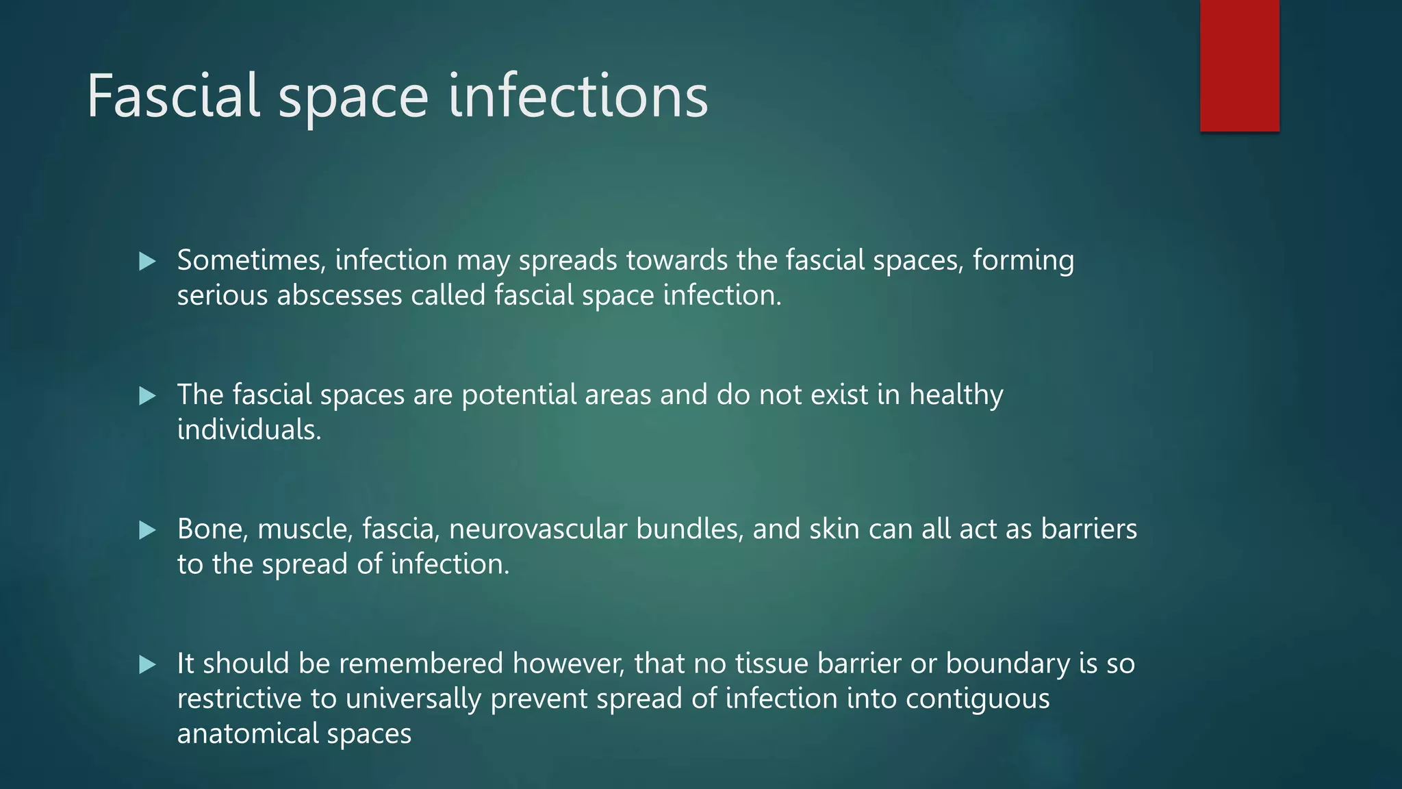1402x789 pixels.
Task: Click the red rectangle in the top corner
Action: [x=1239, y=65]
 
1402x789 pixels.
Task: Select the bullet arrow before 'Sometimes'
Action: [x=147, y=261]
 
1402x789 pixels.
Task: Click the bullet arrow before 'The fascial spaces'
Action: [x=147, y=395]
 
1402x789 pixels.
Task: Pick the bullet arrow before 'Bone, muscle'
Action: [x=147, y=529]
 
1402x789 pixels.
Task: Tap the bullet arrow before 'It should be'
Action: [x=147, y=664]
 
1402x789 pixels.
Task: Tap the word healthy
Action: [x=956, y=395]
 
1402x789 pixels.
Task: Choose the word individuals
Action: [x=249, y=430]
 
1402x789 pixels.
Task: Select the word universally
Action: [x=413, y=699]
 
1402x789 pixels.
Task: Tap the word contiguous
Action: [x=977, y=699]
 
